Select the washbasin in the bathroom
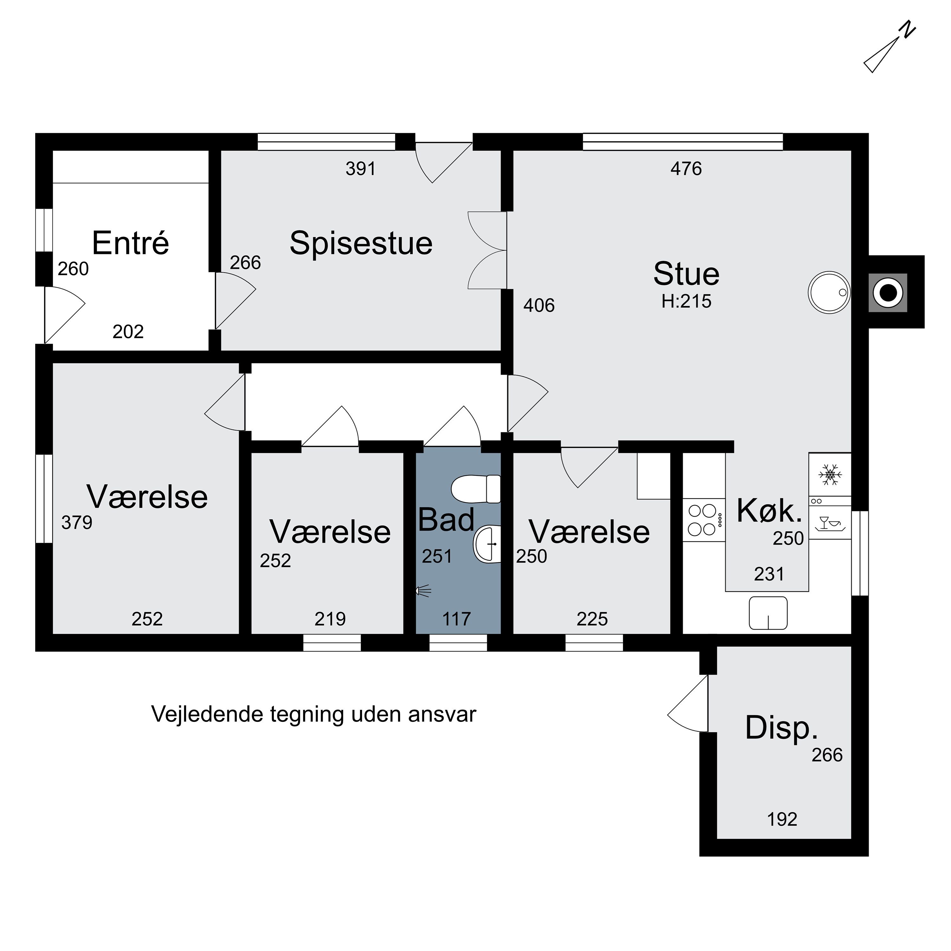tap(487, 544)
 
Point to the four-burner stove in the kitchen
tap(704, 520)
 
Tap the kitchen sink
tap(768, 613)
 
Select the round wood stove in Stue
tap(829, 292)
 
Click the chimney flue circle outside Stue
tap(888, 293)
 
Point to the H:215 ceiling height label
tap(686, 301)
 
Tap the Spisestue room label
tap(361, 243)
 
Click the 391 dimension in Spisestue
tap(360, 169)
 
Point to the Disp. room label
tap(781, 728)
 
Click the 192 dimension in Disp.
tap(782, 819)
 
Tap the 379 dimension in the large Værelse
tap(77, 523)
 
